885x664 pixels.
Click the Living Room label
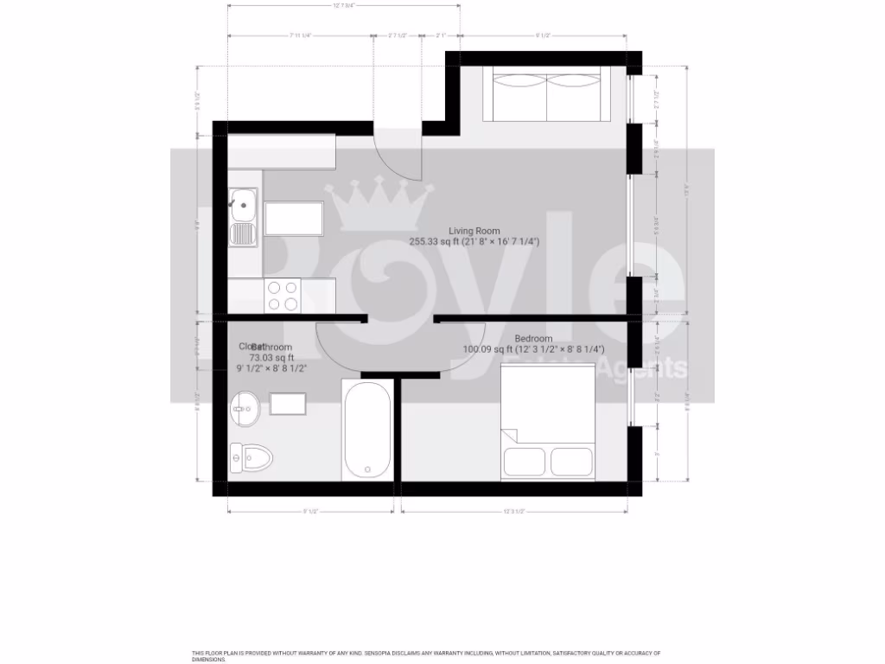[474, 231]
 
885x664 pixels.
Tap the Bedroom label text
[532, 338]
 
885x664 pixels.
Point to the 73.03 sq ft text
[271, 357]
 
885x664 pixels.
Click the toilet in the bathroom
[250, 456]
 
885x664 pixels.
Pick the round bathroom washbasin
[245, 407]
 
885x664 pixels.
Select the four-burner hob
[282, 296]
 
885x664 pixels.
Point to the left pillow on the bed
[524, 462]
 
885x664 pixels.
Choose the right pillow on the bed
[572, 462]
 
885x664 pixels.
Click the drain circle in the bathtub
[367, 470]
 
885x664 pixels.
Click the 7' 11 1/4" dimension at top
[301, 35]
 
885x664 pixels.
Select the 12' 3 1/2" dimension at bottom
[514, 511]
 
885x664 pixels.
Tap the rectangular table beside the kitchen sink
[293, 219]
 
